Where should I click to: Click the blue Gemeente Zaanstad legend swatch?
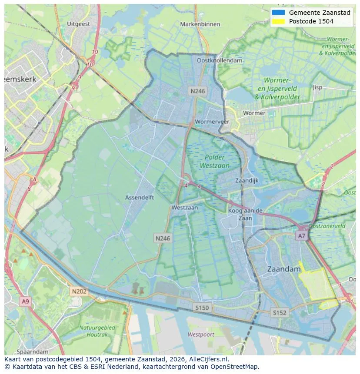(278, 13)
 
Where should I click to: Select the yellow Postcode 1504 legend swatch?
(278, 21)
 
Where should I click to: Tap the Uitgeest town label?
(79, 24)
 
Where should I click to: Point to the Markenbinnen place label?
(200, 24)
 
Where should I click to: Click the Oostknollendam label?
(220, 61)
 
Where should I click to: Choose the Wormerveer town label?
(212, 122)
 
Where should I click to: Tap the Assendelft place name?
(140, 197)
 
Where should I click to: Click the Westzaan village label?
(184, 208)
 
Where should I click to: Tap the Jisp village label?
(317, 87)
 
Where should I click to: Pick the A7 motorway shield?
(301, 235)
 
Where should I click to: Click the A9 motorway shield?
(25, 301)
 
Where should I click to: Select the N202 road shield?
(79, 291)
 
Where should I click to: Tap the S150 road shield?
(202, 308)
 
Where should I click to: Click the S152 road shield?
(279, 312)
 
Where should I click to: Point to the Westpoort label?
(201, 334)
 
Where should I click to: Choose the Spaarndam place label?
(33, 351)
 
